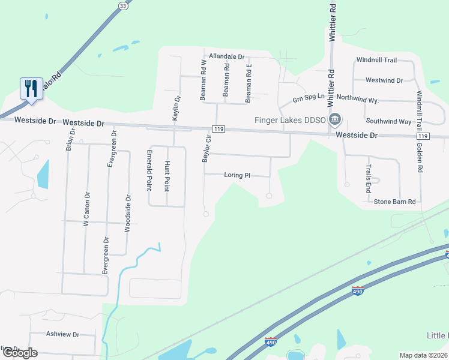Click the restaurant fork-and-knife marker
30,88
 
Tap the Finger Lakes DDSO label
289,120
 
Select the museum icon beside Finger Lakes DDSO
335,119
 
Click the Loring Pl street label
237,175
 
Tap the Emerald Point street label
149,170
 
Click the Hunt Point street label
167,175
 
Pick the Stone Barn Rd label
394,202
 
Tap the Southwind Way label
388,121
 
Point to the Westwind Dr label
384,80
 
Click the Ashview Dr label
62,334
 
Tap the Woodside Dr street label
127,213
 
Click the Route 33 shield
123,6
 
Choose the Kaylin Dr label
176,109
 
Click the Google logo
20,353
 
